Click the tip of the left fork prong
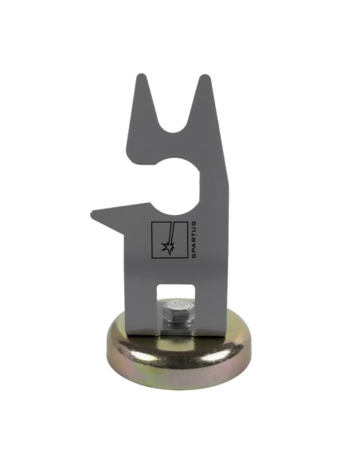(142, 74)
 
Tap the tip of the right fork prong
(205, 76)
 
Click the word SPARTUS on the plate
(194, 240)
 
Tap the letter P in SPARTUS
(194, 251)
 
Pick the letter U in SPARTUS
(194, 229)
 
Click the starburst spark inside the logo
(167, 246)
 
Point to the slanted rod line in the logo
(170, 232)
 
